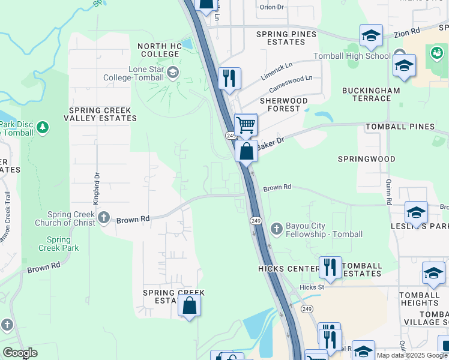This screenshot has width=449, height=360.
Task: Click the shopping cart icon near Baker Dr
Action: (x=246, y=125)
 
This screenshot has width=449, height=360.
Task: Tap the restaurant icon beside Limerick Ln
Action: (x=229, y=78)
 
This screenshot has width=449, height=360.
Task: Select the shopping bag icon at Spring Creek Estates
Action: (x=189, y=305)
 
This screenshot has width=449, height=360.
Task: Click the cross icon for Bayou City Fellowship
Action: (x=276, y=229)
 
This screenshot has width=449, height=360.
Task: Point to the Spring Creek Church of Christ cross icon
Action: (x=104, y=217)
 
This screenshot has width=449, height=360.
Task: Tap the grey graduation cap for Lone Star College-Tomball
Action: (x=173, y=73)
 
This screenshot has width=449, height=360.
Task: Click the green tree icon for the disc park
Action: (x=42, y=127)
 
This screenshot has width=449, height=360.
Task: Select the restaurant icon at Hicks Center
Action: (x=330, y=266)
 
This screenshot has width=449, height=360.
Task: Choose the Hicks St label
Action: (x=312, y=287)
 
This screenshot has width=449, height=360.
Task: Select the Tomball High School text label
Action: (x=352, y=56)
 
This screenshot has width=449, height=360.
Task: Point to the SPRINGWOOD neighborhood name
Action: (x=366, y=159)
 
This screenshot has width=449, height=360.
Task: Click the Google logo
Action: (x=20, y=353)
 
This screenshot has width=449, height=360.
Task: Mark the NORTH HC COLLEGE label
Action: (x=158, y=50)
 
